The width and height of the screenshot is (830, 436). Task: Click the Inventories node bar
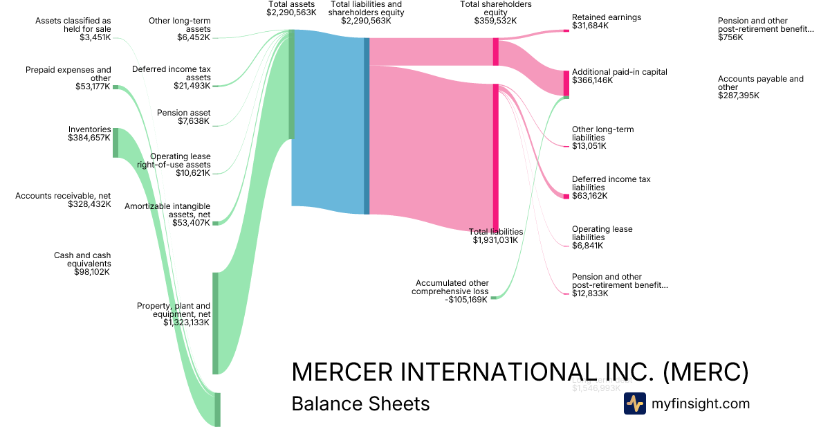click(116, 143)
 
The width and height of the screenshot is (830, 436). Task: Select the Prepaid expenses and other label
click(68, 74)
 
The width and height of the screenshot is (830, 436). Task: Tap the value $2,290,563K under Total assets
click(291, 12)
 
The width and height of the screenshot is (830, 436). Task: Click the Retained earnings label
click(606, 17)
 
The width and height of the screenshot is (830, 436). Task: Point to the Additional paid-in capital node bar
click(566, 84)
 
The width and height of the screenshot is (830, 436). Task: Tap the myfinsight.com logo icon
click(635, 403)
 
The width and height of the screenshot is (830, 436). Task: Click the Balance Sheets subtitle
click(360, 403)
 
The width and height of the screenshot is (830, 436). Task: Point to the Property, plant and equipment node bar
click(215, 323)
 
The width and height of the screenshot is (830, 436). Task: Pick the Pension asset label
click(183, 113)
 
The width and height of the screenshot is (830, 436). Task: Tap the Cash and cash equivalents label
click(82, 260)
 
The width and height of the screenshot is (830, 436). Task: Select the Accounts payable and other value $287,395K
click(738, 96)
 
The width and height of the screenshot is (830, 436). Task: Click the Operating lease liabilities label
click(602, 233)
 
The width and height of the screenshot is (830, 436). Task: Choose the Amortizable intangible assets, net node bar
click(215, 223)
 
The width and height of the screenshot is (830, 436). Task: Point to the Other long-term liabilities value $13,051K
click(589, 146)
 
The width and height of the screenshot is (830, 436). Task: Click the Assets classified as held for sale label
click(73, 25)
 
